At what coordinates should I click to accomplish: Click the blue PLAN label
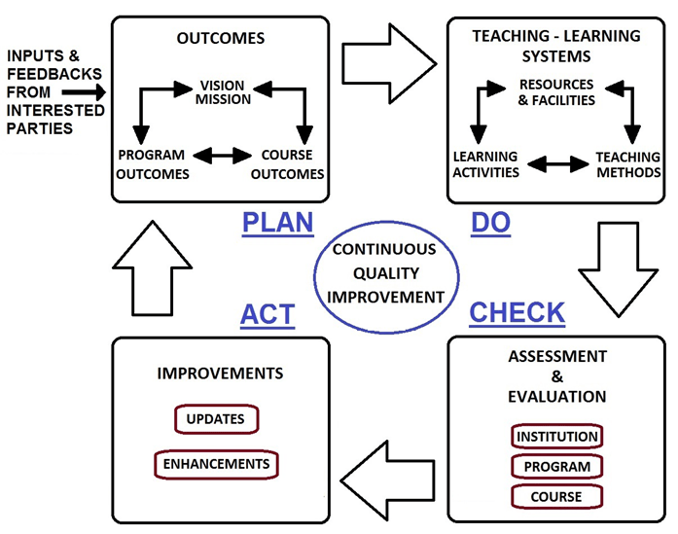pyautogui.click(x=277, y=223)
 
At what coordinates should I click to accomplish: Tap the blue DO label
pyautogui.click(x=492, y=223)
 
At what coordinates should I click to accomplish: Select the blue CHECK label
pyautogui.click(x=517, y=312)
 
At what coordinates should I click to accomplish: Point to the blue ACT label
pyautogui.click(x=267, y=314)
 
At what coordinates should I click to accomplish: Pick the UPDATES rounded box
pyautogui.click(x=217, y=420)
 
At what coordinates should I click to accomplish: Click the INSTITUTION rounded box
pyautogui.click(x=556, y=436)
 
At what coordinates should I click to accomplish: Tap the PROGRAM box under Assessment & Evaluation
pyautogui.click(x=556, y=466)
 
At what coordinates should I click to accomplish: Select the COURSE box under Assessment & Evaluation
pyautogui.click(x=556, y=496)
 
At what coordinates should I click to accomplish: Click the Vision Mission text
pyautogui.click(x=225, y=92)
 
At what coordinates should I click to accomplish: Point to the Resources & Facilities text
pyautogui.click(x=556, y=92)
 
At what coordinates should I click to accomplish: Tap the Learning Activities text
pyautogui.click(x=486, y=165)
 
